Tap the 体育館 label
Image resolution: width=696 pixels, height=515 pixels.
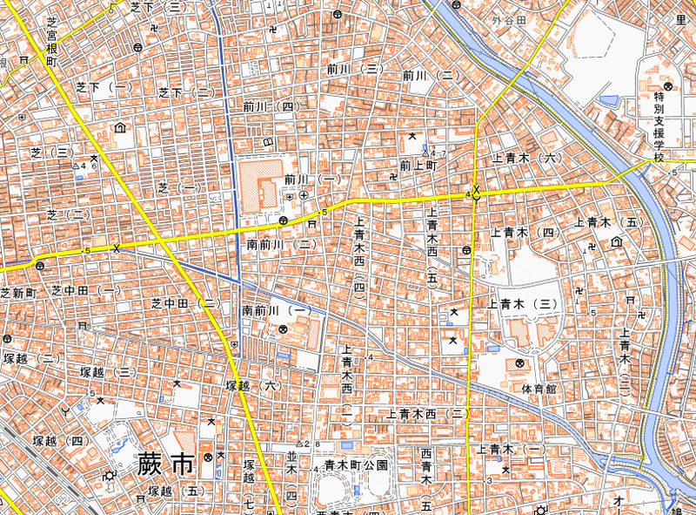coord(539,388)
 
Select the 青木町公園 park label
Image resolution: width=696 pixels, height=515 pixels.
coord(356,465)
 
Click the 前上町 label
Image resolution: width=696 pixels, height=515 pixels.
coord(417,164)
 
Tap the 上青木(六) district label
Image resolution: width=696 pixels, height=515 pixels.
coord(523,159)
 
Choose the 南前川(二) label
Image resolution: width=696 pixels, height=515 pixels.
coord(281,246)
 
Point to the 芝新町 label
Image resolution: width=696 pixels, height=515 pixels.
coord(17,291)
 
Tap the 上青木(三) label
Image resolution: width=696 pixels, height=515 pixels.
coord(522,304)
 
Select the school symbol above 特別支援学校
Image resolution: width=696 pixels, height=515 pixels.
coord(668,86)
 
